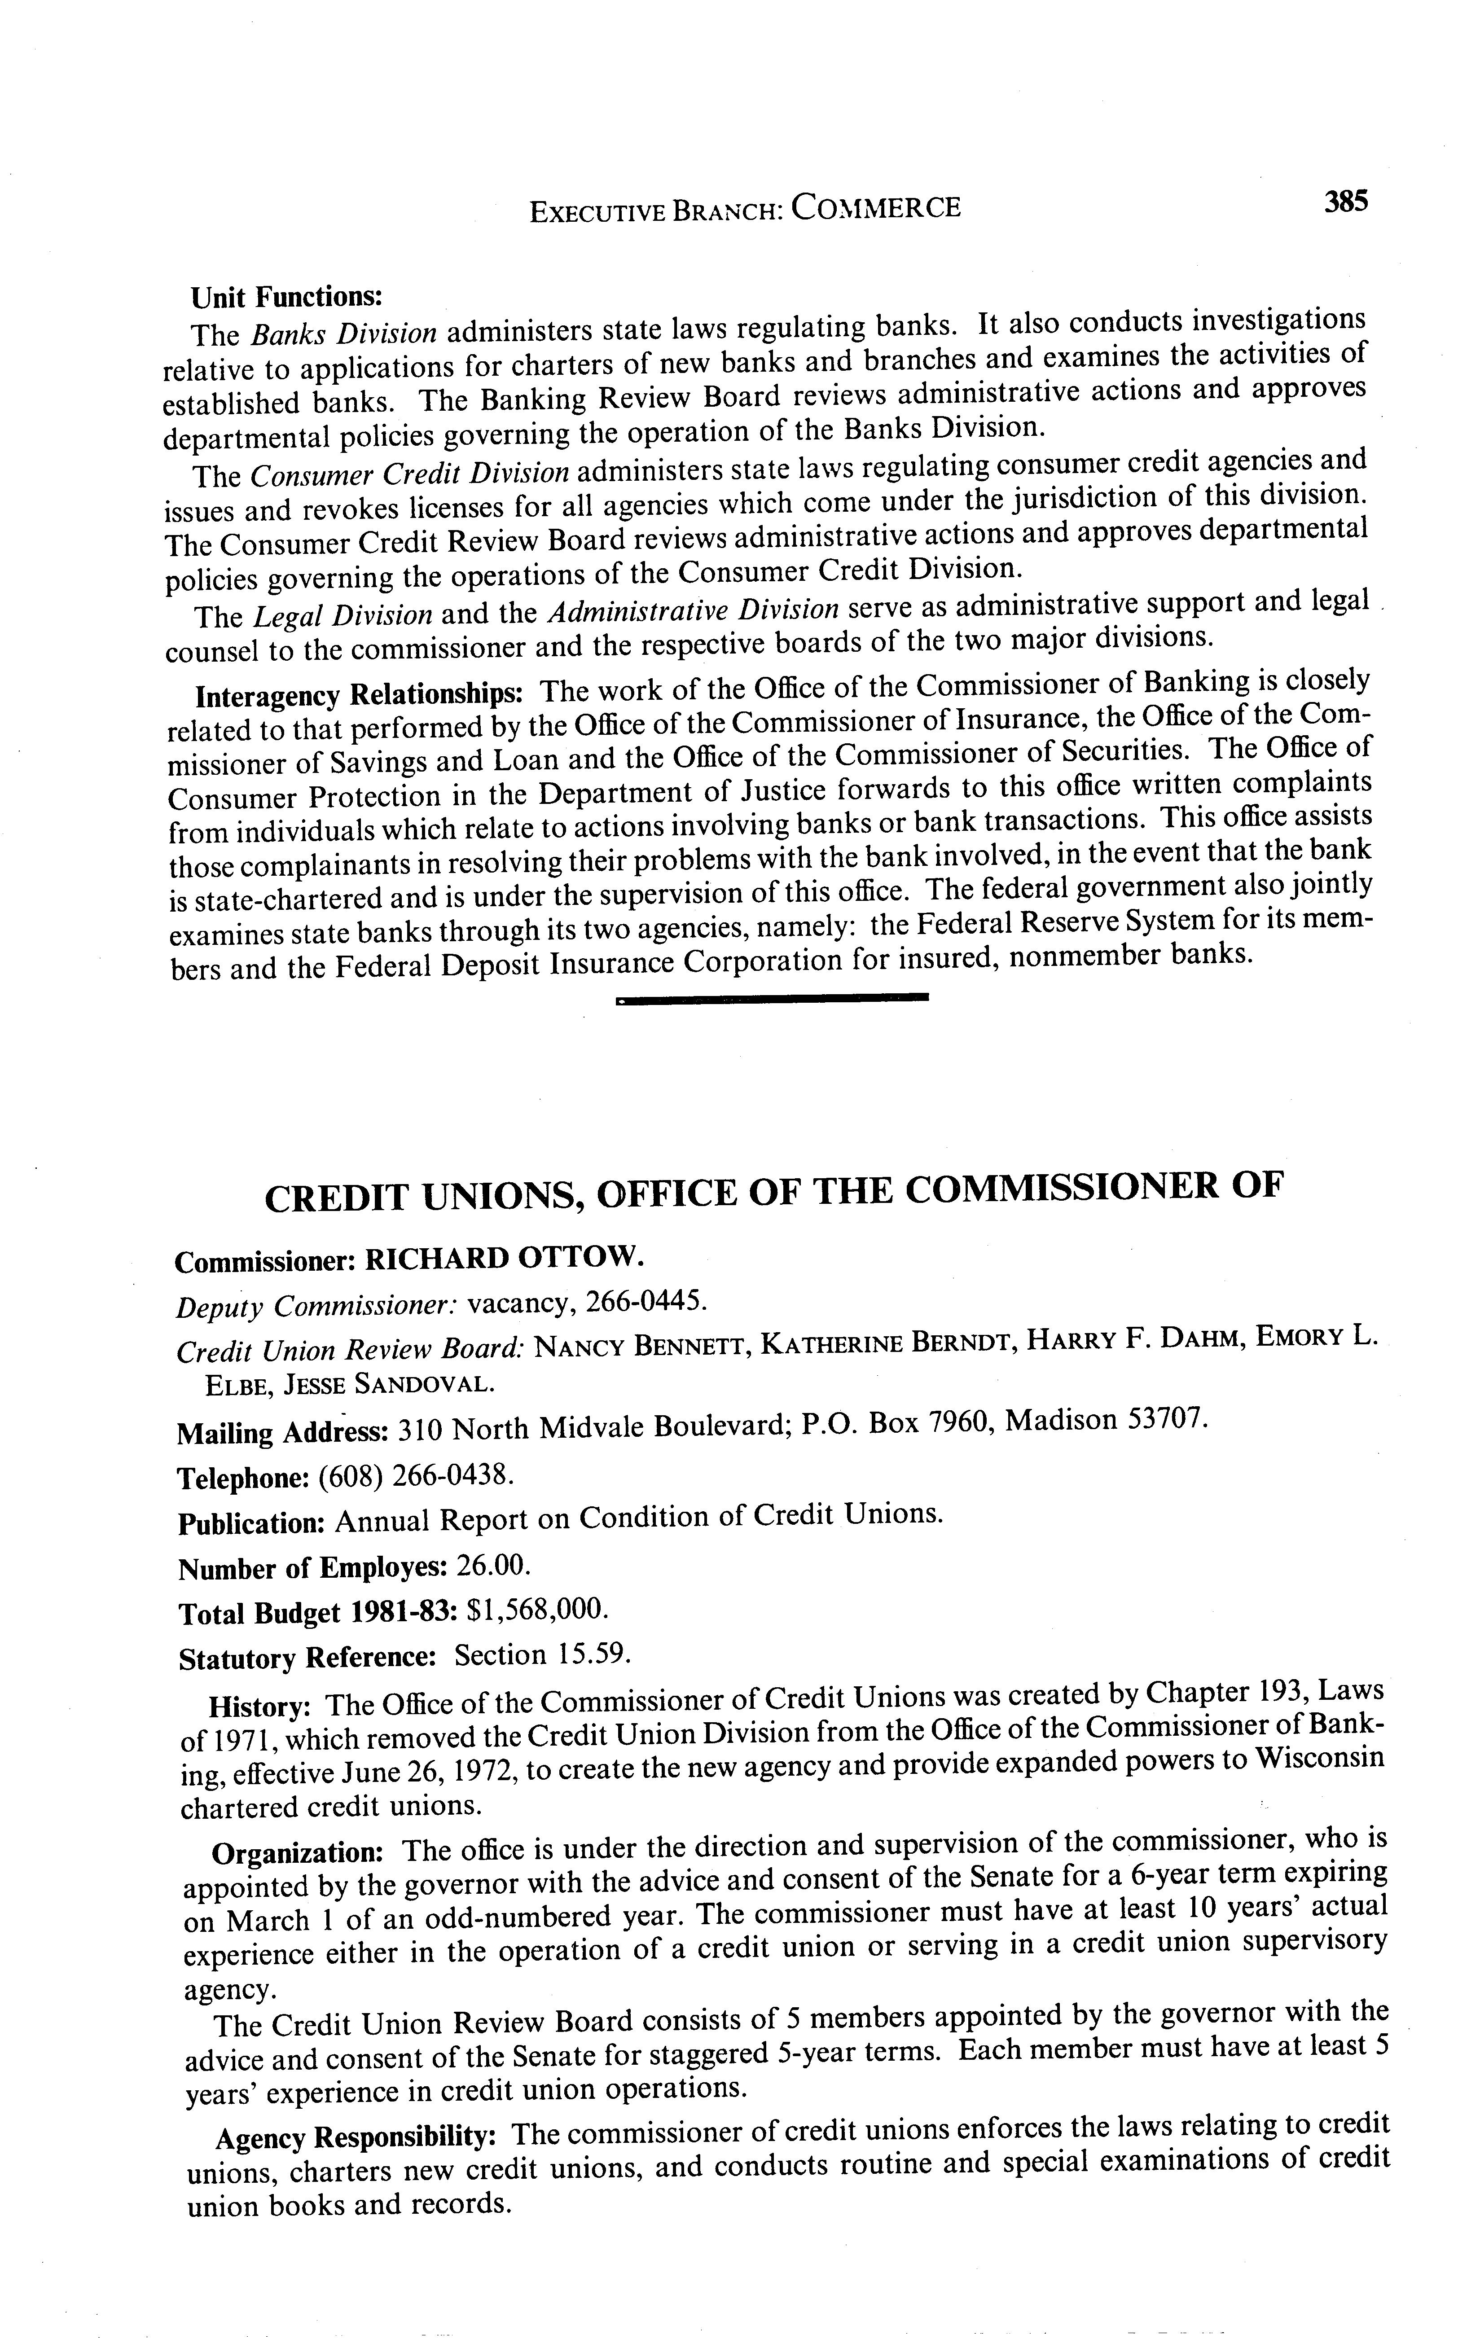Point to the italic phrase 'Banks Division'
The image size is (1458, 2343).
pyautogui.click(x=343, y=333)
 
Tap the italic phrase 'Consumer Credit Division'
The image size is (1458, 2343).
pyautogui.click(x=409, y=474)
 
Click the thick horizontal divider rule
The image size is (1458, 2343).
pyautogui.click(x=772, y=999)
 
